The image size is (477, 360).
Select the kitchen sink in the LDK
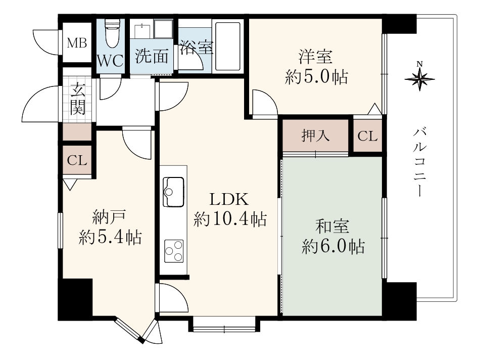pos(173,192)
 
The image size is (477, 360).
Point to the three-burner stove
pos(174,251)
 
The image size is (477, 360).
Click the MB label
pos(77,43)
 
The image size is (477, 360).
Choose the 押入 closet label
pos(315,136)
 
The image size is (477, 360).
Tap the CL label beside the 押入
pos(367,136)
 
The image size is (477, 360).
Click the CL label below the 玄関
pos(77,160)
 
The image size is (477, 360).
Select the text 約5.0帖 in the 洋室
pos(316,77)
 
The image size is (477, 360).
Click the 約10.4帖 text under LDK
pos(230,219)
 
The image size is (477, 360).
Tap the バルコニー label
pos(419,162)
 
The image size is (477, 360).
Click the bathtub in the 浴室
pos(228,46)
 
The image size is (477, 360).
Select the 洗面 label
pos(152,56)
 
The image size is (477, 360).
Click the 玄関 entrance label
pos(78,99)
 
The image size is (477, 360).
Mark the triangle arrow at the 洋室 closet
pos(374,109)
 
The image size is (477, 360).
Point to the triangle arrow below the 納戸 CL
pos(70,185)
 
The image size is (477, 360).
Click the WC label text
pos(110,61)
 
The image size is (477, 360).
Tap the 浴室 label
pos(196,48)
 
